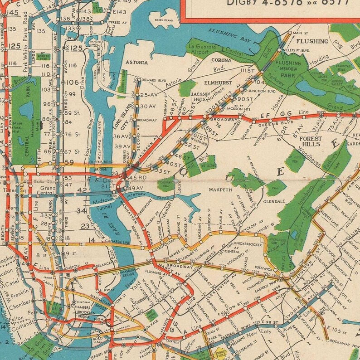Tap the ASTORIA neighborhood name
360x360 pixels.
pyautogui.click(x=136, y=63)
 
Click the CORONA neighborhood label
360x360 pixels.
pyautogui.click(x=221, y=60)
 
